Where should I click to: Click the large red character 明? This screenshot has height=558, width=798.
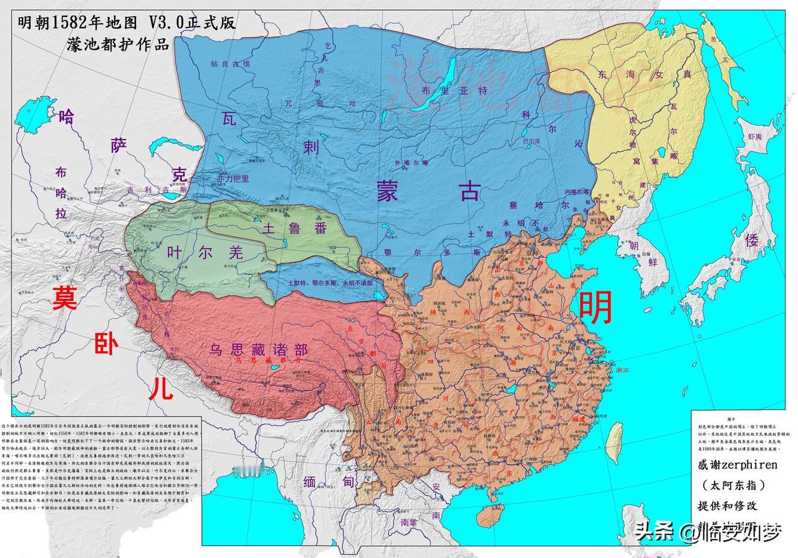point(595,308)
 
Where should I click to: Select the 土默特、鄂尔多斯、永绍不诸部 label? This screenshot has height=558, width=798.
point(330,282)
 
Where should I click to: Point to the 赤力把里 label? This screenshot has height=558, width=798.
point(233,178)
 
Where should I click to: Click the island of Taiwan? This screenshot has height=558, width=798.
point(613,436)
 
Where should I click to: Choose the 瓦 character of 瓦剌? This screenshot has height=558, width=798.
point(229,118)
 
